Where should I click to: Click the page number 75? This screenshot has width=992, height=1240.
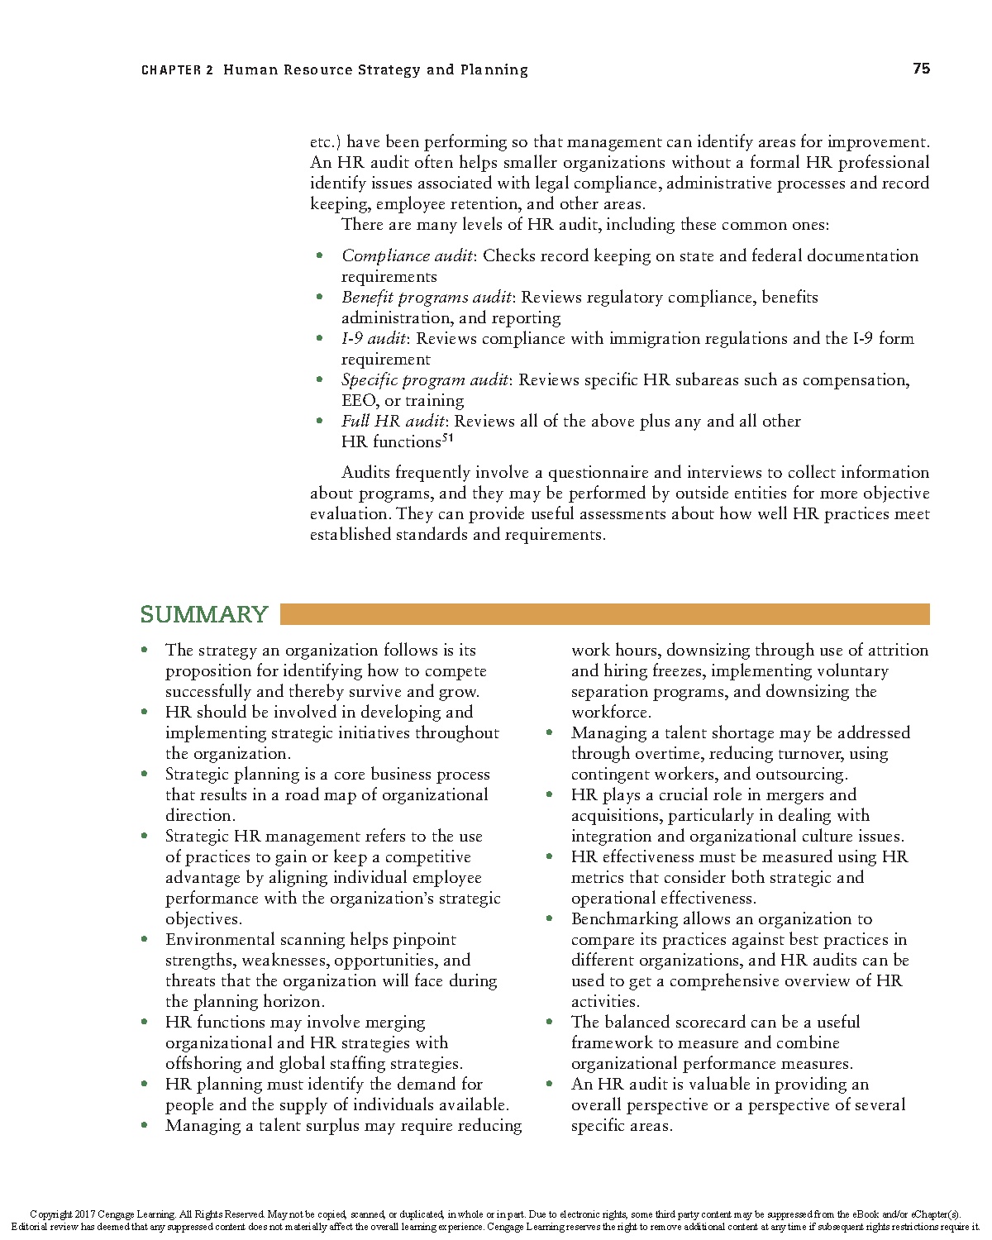921,69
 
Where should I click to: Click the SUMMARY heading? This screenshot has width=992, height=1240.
204,614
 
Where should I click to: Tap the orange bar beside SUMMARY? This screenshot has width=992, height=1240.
604,614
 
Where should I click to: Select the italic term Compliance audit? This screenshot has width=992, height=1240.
407,256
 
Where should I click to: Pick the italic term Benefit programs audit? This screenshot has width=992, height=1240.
427,298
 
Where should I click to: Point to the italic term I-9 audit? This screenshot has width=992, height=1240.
373,339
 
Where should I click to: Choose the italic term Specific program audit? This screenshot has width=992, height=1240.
425,380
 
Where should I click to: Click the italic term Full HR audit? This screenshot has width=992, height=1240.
393,422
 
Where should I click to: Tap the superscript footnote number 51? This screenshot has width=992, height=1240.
447,438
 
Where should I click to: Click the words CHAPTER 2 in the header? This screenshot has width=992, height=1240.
177,70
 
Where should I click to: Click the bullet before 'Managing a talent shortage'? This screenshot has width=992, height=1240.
550,733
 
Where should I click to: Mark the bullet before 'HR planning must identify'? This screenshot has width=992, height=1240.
145,1085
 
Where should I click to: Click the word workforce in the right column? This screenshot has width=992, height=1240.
610,713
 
